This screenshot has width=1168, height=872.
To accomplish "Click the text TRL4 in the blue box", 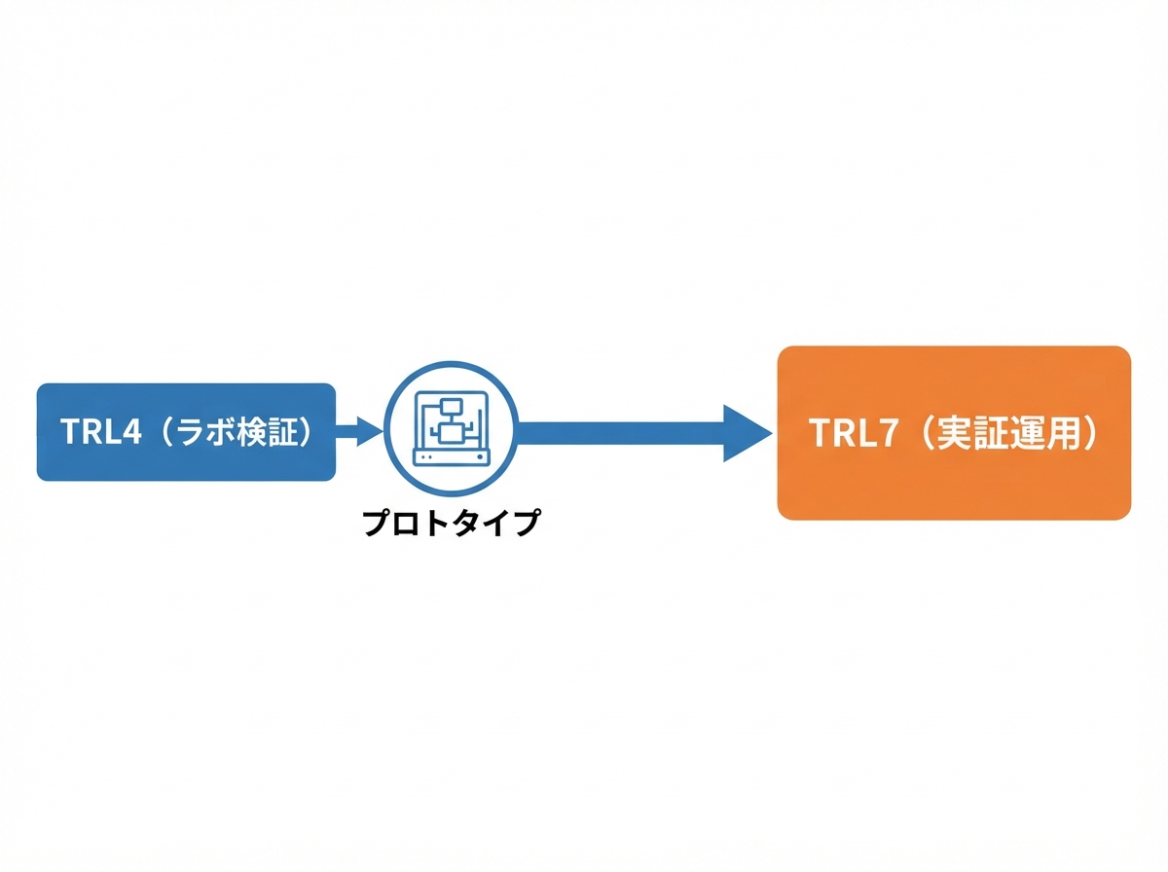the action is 101,431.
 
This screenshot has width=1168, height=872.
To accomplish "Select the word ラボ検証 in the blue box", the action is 236,431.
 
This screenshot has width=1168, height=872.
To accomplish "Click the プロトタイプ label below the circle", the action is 451,523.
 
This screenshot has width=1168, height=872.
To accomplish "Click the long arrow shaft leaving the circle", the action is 620,433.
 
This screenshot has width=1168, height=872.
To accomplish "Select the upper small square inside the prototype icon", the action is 452,408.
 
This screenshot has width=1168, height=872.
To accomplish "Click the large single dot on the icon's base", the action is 481,457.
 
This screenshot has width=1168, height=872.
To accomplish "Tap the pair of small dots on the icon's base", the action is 427,457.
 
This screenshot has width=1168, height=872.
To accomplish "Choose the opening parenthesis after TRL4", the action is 166,431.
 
